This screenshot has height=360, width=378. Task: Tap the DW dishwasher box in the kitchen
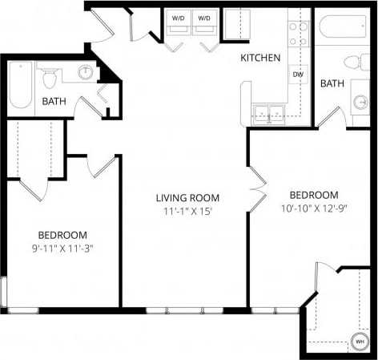click(298, 75)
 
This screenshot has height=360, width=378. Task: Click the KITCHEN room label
click(261, 58)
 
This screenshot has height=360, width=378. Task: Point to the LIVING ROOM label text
click(187, 197)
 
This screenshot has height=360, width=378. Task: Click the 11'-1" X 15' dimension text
click(187, 212)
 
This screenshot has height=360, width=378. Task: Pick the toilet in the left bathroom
click(50, 77)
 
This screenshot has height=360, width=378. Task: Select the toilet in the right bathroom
click(352, 63)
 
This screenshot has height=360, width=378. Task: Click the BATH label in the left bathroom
click(54, 102)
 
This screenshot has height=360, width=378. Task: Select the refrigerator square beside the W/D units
click(236, 23)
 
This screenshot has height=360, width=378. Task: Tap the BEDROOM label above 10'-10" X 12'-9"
click(313, 195)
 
